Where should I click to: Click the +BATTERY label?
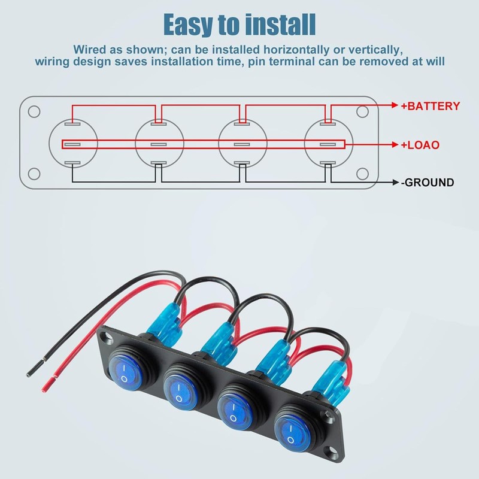coord(431,107)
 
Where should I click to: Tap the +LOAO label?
coord(420,144)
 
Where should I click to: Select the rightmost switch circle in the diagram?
coord(327,144)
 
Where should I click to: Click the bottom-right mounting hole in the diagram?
coord(361,174)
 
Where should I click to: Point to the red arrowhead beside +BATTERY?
coord(395,106)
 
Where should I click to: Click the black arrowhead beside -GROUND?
coord(395,183)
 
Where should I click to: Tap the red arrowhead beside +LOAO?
coord(395,144)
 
